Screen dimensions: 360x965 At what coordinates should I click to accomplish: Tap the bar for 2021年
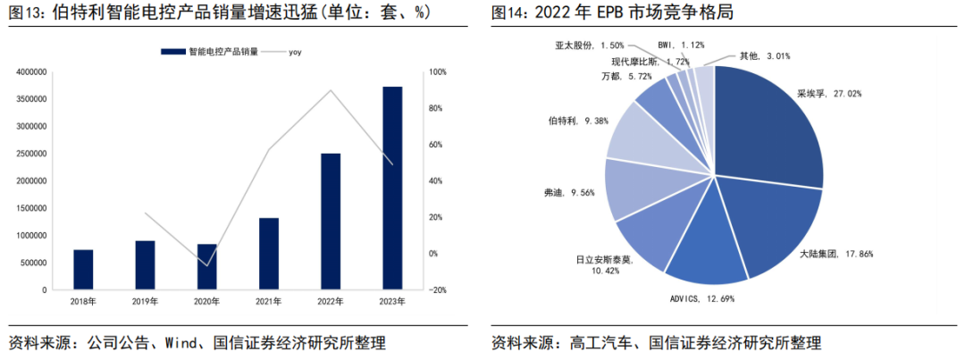pyautogui.click(x=269, y=254)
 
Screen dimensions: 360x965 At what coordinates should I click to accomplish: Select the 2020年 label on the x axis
pyautogui.click(x=206, y=302)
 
